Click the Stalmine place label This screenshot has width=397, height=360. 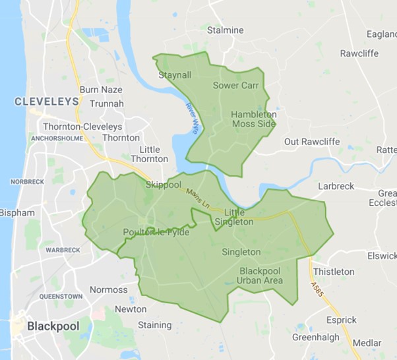tap(225, 30)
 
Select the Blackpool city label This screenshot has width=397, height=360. tap(49, 326)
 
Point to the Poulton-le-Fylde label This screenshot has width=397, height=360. tap(156, 232)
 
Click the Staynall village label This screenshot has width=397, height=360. tap(175, 75)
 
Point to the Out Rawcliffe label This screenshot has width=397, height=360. tap(311, 142)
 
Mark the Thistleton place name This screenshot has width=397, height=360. tap(334, 272)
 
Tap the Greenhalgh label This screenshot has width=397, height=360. tap(316, 337)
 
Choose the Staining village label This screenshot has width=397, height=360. tap(154, 325)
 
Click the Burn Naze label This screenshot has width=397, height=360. tap(98, 89)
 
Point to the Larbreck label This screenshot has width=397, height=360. tap(336, 187)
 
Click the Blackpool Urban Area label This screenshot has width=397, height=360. tap(261, 276)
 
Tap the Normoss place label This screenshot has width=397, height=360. tap(108, 289)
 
